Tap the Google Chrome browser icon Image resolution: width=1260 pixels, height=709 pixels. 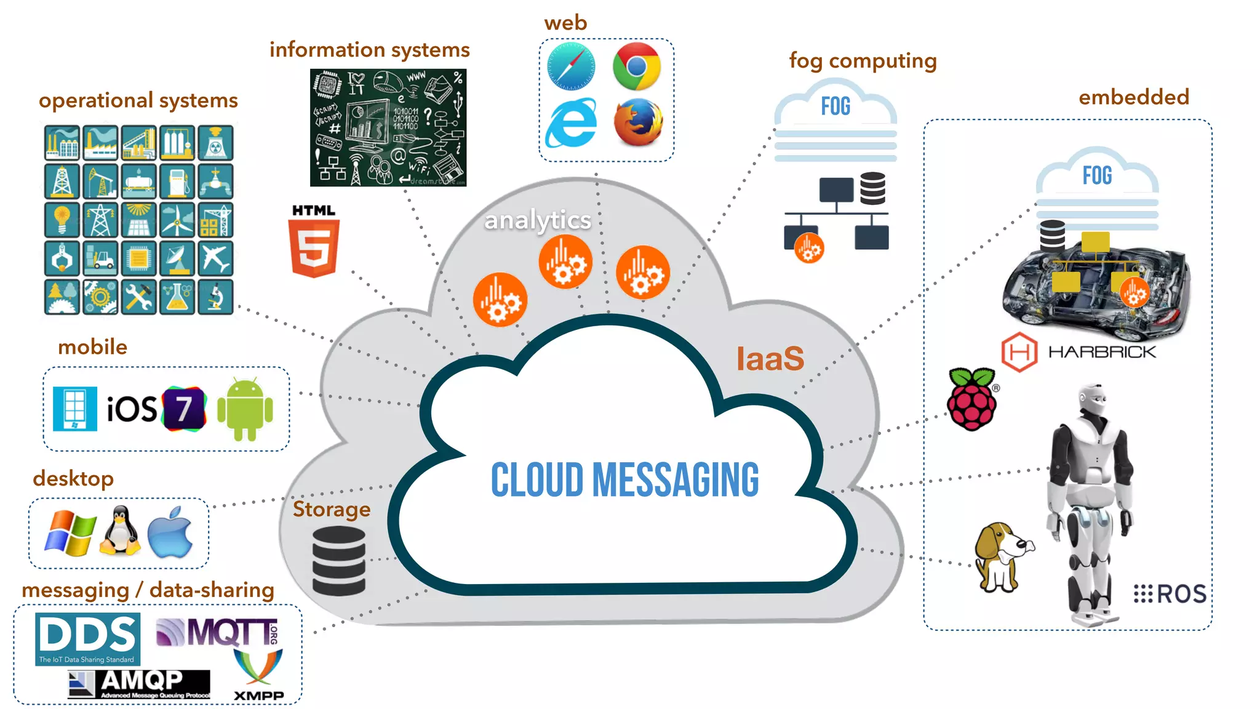tap(636, 66)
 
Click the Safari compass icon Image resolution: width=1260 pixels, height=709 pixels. tap(571, 66)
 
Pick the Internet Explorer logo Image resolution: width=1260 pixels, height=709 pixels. tap(572, 122)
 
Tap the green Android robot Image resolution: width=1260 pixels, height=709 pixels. tap(245, 409)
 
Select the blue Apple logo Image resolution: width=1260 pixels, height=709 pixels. tap(170, 533)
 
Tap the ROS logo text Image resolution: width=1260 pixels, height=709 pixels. tap(1170, 594)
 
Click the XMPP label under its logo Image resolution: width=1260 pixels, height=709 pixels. tap(259, 695)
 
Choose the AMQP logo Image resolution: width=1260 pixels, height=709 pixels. tap(139, 684)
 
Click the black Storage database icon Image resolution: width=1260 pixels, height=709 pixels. tap(339, 561)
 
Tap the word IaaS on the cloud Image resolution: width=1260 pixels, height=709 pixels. tap(770, 358)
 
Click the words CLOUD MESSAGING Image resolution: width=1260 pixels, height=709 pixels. tap(624, 479)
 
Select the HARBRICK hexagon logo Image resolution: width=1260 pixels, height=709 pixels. tap(1019, 352)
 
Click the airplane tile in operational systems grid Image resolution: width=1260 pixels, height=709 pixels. tap(215, 258)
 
